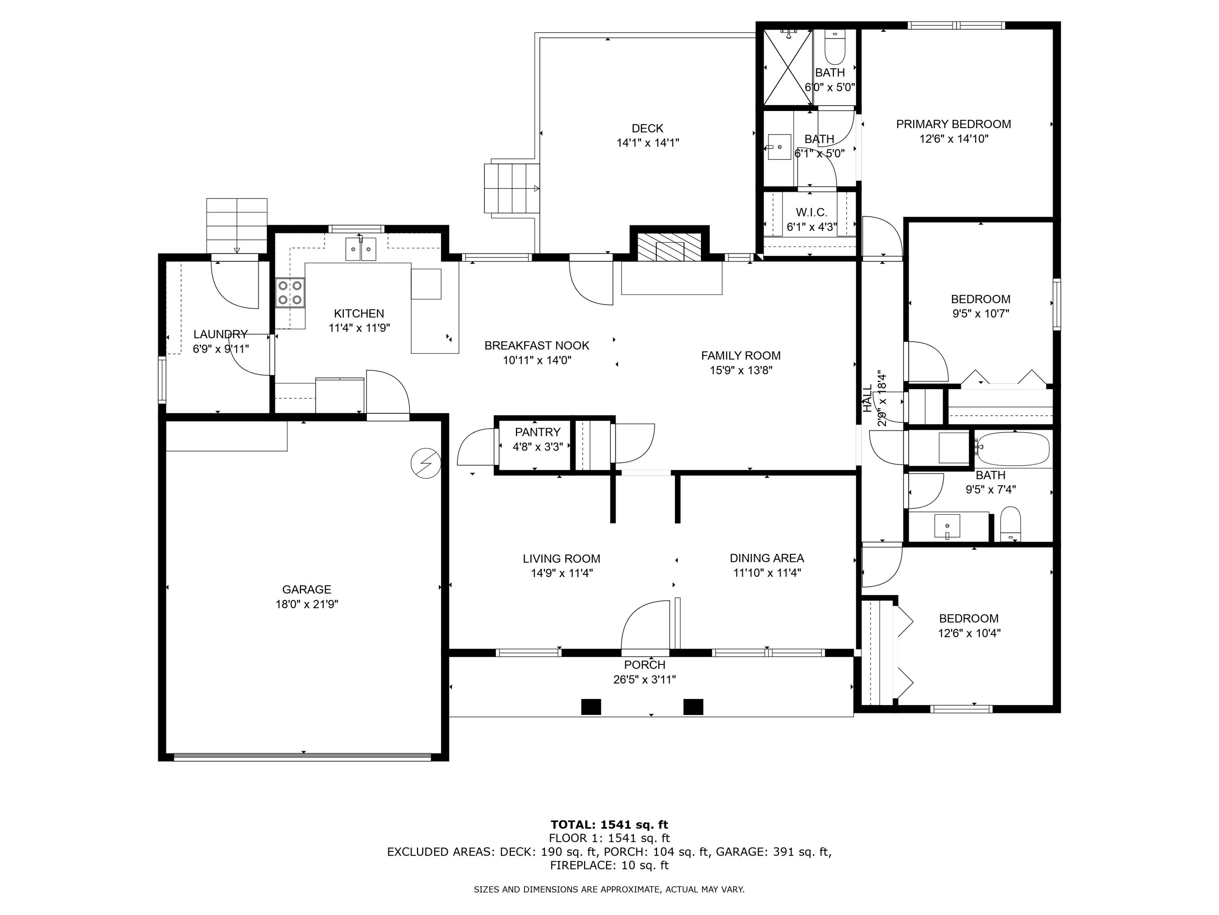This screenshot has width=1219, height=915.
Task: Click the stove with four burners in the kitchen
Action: [x=290, y=293]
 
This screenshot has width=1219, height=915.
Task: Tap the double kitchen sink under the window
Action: [x=361, y=249]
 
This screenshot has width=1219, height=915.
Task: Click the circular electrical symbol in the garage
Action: [x=426, y=463]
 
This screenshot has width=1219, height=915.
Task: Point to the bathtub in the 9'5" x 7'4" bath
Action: [x=1013, y=449]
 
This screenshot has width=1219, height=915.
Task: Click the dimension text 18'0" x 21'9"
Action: [x=306, y=604]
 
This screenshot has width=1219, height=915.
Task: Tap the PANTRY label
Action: [x=537, y=432]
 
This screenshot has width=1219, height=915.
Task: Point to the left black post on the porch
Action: [x=591, y=706]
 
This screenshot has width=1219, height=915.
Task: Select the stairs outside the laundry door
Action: [x=236, y=225]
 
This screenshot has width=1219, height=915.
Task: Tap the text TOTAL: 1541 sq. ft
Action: [x=609, y=825]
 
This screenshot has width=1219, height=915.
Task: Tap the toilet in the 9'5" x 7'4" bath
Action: [x=1010, y=525]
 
